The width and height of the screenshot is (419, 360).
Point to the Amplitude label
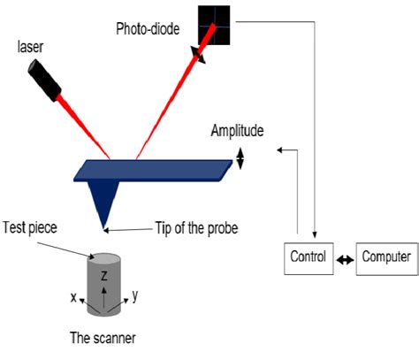[x=237, y=131]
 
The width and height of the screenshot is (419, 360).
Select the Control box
[x=309, y=258]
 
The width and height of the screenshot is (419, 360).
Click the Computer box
[x=385, y=258]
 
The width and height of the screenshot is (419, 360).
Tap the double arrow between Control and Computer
[x=346, y=259]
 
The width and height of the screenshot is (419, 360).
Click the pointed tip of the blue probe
[x=105, y=226]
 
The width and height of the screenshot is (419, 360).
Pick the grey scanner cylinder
[x=105, y=281]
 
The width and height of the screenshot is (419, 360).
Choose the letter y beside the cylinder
[x=135, y=295]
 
